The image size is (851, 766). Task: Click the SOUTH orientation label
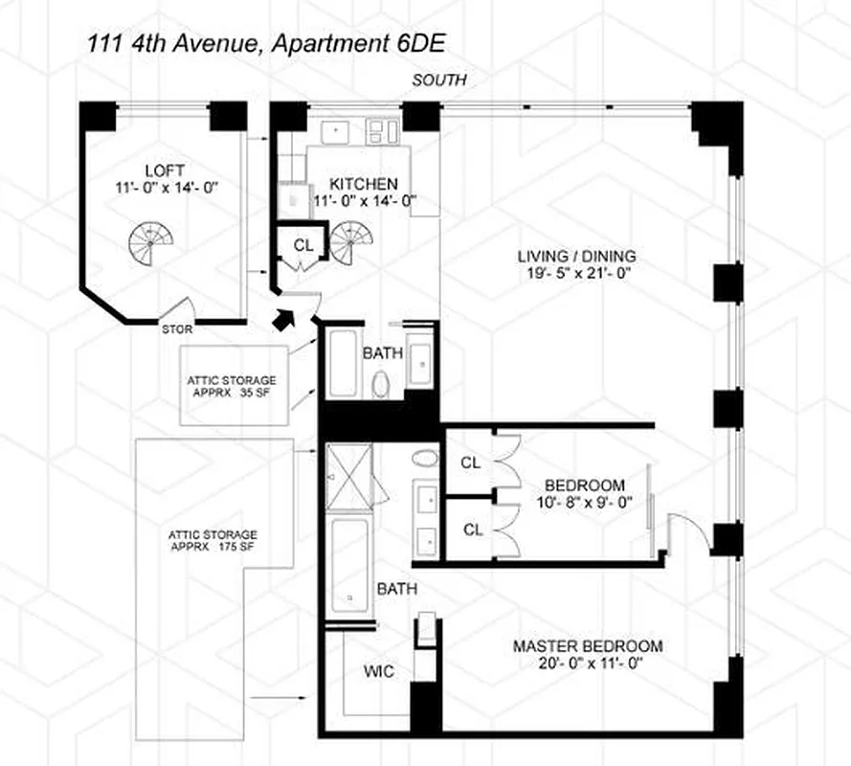pyautogui.click(x=439, y=80)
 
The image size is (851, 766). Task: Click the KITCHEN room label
pyautogui.click(x=364, y=184)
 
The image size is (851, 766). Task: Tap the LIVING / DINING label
pyautogui.click(x=576, y=256)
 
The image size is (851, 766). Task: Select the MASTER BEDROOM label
pyautogui.click(x=588, y=646)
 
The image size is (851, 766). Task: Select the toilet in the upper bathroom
pyautogui.click(x=380, y=384)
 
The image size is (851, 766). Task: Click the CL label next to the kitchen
pyautogui.click(x=303, y=246)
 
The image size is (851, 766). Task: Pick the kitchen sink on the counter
pyautogui.click(x=338, y=129)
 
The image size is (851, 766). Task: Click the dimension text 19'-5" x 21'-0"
pyautogui.click(x=576, y=273)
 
